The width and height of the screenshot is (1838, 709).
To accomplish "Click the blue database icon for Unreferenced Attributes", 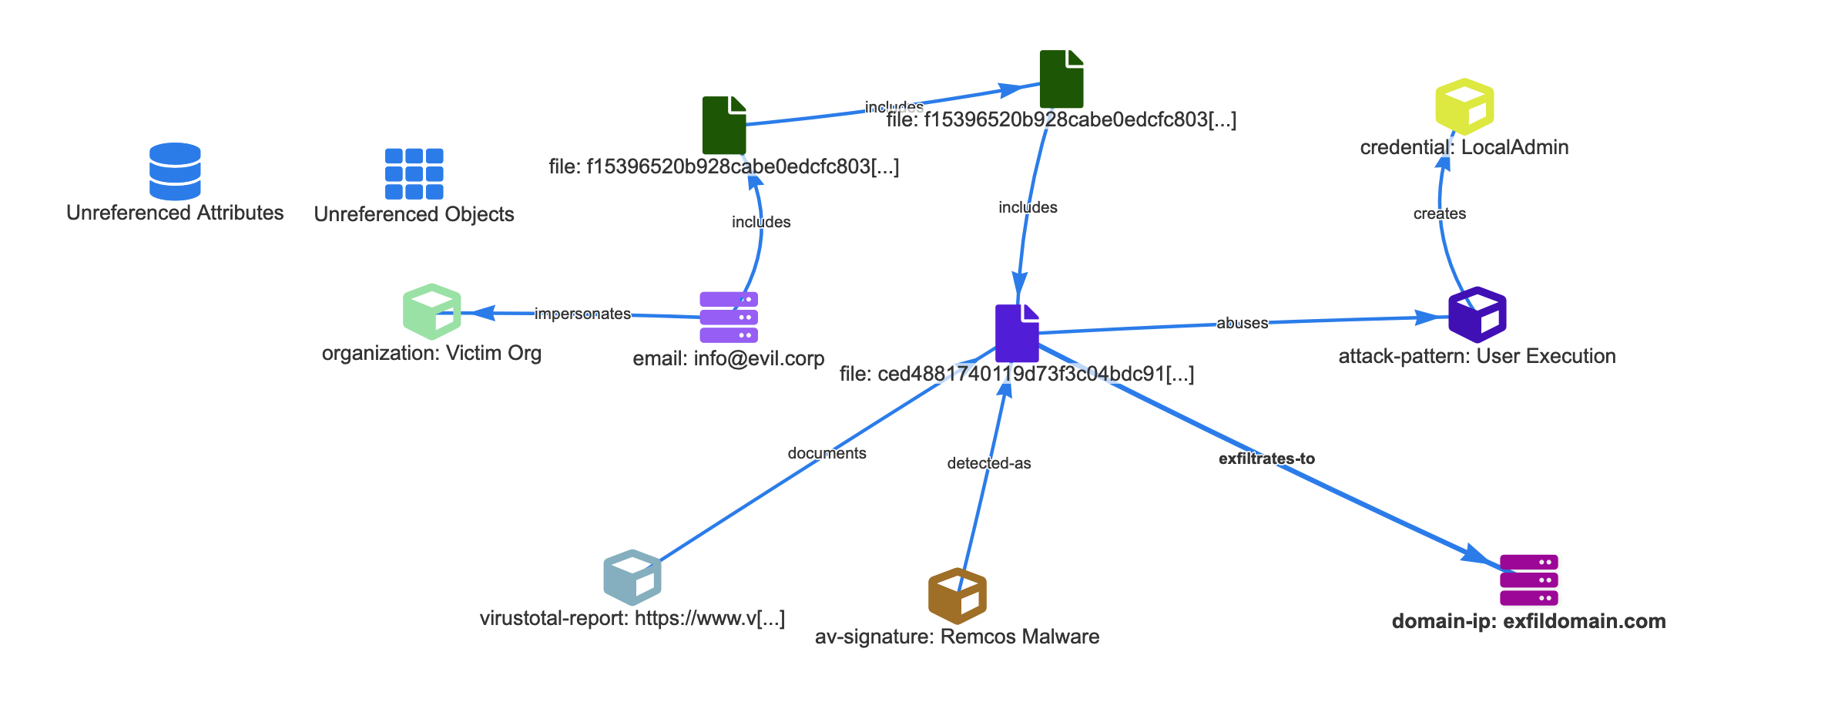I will pos(175,171).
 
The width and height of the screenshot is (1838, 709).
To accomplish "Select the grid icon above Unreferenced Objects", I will pos(414,173).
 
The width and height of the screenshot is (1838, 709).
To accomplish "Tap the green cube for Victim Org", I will pos(432,311).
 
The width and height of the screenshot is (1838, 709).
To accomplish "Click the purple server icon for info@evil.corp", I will pos(729,317).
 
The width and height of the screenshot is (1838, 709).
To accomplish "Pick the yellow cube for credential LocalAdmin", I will pos(1464,106).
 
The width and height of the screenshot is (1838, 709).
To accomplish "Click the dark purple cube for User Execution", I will pos(1477,314).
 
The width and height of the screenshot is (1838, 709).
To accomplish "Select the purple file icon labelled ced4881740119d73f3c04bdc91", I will pos(1017,333).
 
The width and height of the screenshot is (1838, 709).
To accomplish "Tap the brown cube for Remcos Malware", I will pos(958,596).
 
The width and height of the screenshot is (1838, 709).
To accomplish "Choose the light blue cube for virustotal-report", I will pos(632,577).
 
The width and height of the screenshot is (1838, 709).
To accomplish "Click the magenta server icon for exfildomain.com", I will pos(1529,580).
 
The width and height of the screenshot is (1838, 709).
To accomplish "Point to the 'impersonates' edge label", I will pos(582,314).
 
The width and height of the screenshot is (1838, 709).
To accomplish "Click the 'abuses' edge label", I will pos(1242,323).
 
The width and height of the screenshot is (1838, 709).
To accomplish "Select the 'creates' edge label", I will pos(1439,213).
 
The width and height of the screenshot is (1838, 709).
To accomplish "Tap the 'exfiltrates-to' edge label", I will pos(1266,459).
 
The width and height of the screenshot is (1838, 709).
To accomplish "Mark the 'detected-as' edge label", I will pos(989,463).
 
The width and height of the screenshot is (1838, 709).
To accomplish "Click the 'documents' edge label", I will pos(827,453).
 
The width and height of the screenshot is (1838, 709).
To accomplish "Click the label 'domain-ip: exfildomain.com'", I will pos(1528,621).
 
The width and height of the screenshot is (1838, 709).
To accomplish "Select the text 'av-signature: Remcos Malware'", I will pos(957,637).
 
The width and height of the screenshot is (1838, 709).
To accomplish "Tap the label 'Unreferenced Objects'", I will pos(414,214).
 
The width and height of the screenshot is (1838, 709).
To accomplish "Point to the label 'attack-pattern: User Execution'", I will pos(1477,356).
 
